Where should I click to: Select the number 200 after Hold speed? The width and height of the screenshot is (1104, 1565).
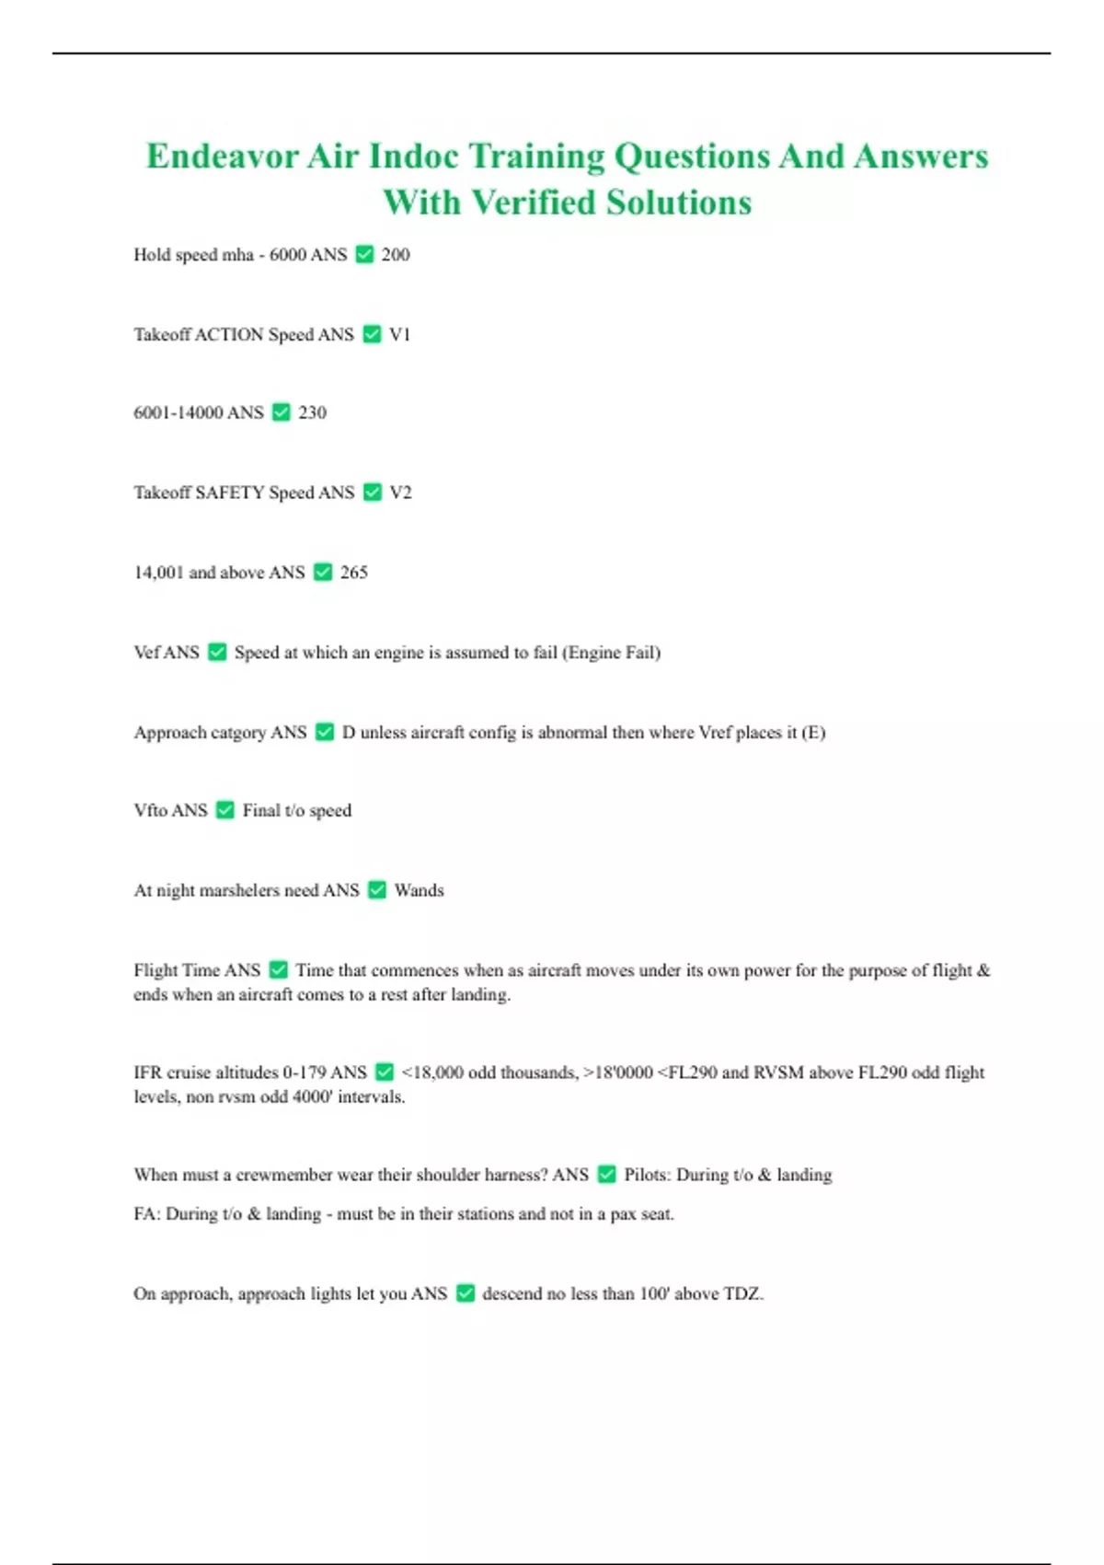[x=396, y=255]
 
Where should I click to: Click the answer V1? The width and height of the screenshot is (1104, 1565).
[x=400, y=334]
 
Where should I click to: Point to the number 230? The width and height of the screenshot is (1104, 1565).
[x=312, y=412]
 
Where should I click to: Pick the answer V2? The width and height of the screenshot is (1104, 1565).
[x=400, y=493]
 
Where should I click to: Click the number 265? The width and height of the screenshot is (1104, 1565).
[x=353, y=573]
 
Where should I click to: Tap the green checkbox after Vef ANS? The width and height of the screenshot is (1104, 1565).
[x=217, y=653]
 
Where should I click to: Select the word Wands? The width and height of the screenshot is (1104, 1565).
[x=419, y=890]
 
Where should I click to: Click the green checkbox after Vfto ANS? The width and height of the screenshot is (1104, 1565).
[x=225, y=810]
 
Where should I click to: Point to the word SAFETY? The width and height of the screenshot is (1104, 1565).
[x=230, y=493]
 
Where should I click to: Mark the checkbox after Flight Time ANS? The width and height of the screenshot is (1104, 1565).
[x=279, y=970]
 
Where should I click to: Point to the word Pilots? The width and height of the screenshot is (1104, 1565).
[x=648, y=1175]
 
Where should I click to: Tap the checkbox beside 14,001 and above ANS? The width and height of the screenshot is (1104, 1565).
[x=323, y=573]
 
